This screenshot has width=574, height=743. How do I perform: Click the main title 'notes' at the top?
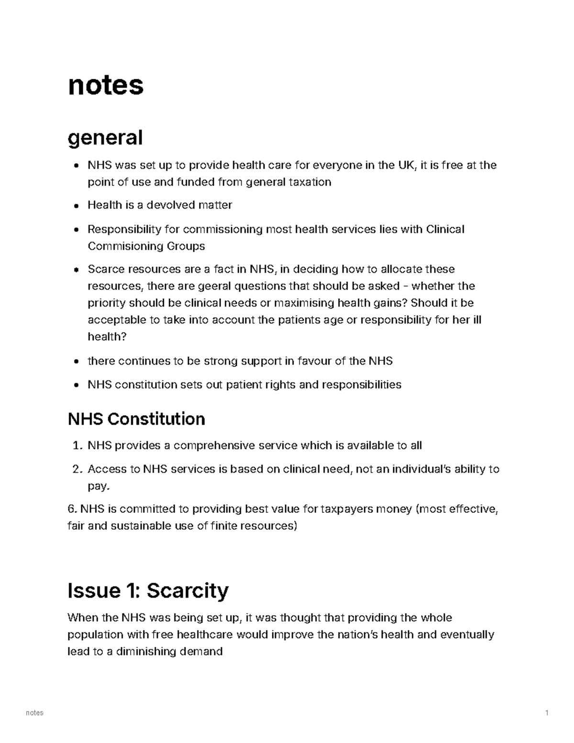tap(106, 85)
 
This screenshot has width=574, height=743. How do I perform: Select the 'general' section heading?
tap(105, 138)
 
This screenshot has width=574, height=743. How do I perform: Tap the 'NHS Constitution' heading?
tap(136, 419)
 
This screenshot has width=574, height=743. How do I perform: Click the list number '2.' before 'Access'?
tap(77, 469)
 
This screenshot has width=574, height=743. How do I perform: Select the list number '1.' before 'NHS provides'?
tap(77, 446)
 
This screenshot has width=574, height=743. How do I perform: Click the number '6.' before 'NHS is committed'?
tap(72, 509)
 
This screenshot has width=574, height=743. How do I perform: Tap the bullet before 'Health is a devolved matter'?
tap(77, 206)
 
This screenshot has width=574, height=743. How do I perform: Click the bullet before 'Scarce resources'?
tap(77, 270)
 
